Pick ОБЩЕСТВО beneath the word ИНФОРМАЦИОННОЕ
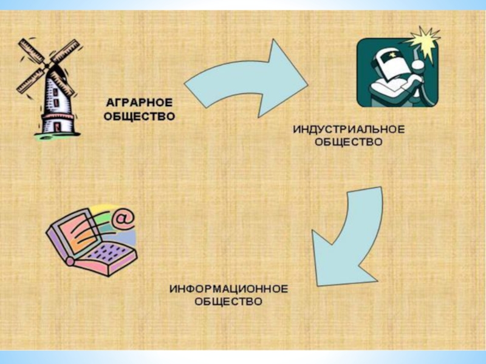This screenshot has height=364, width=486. (x=228, y=300)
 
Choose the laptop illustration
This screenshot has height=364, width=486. (x=91, y=240)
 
